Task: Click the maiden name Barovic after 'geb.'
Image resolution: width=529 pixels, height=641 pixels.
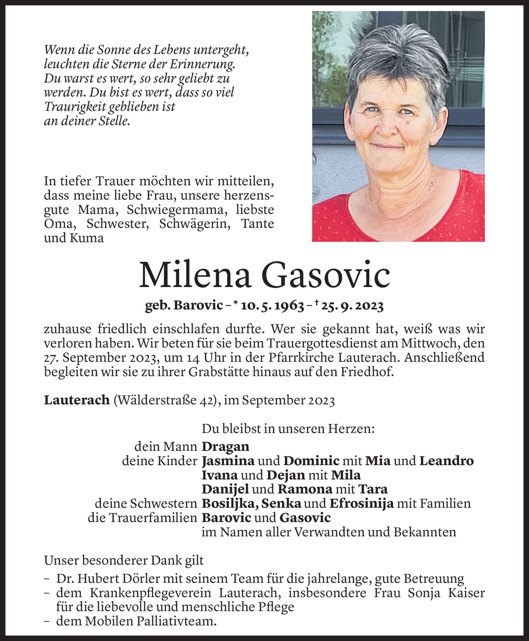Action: pos(198,306)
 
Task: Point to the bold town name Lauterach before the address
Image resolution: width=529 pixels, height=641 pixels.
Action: pos(77,400)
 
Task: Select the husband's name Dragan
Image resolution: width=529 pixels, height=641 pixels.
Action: pos(226,447)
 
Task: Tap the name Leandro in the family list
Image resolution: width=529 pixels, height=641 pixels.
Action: pos(446,461)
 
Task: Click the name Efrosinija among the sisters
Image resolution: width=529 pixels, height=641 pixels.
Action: pos(362,504)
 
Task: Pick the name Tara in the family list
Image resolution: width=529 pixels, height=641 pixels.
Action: pos(373,489)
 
